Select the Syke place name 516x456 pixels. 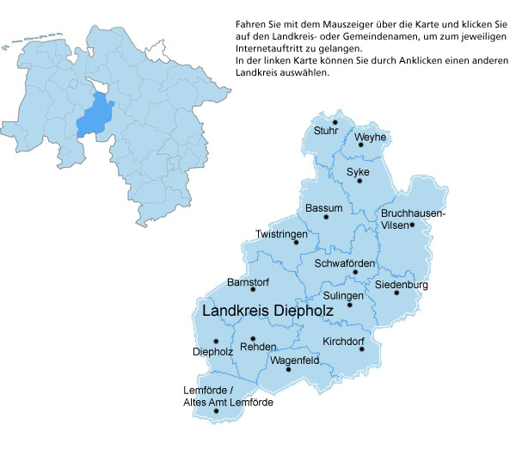[358, 172]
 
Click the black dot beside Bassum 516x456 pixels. [325, 218]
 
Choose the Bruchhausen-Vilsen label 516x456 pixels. [413, 218]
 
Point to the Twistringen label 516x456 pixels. [280, 234]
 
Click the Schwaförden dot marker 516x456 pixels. [355, 273]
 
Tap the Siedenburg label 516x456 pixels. [402, 285]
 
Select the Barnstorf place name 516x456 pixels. [248, 282]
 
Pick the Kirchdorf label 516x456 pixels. [343, 342]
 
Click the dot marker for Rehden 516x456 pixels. [253, 338]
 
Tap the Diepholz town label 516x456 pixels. [212, 351]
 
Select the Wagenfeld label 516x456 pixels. [294, 360]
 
